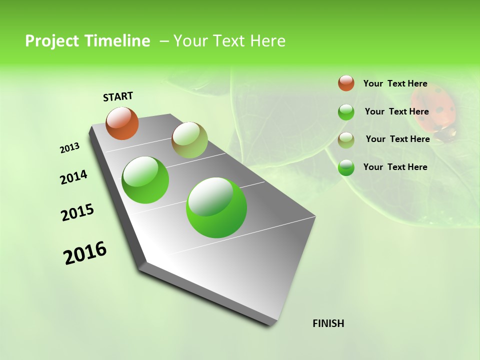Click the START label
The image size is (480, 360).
(118, 96)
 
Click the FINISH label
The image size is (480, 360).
(328, 323)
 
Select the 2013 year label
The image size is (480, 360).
(70, 148)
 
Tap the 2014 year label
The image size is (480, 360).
(74, 177)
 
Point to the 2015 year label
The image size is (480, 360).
(77, 212)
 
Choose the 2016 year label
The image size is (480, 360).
(85, 253)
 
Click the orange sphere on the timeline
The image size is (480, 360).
(122, 123)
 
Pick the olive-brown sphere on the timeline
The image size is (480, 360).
(189, 140)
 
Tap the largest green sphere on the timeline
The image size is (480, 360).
(216, 207)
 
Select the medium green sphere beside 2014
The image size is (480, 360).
(145, 180)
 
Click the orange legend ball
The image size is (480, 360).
(346, 83)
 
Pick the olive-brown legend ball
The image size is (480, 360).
(346, 140)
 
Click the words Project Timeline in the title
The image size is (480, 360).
(87, 41)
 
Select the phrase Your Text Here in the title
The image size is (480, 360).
(229, 41)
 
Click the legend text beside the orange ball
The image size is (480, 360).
(395, 83)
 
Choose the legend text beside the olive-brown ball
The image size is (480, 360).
(397, 139)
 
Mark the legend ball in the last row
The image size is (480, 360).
(346, 168)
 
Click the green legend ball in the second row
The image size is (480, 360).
(346, 112)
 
